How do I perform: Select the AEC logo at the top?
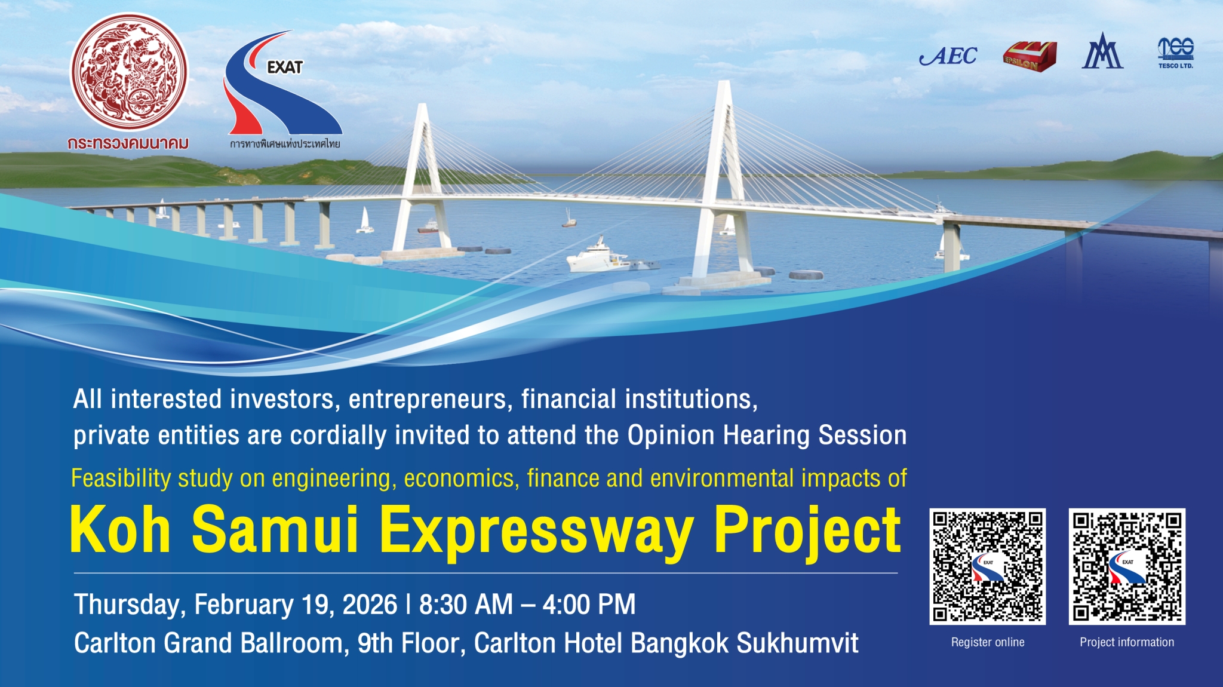coord(948,56)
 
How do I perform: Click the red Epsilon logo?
coord(1030,57)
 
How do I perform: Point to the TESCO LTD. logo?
coord(1175,53)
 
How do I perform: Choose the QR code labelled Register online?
coord(987,566)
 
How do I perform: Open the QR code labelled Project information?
coord(1127,566)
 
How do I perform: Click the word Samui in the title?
coord(275,529)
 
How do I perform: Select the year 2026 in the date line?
coord(370,605)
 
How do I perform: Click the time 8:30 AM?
coord(466,605)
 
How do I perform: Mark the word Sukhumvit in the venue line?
coord(797,643)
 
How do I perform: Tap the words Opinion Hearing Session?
coord(767,435)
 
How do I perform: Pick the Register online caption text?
coord(987,642)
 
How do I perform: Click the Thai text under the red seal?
coord(128,143)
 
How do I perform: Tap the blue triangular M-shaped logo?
coord(1102,53)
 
